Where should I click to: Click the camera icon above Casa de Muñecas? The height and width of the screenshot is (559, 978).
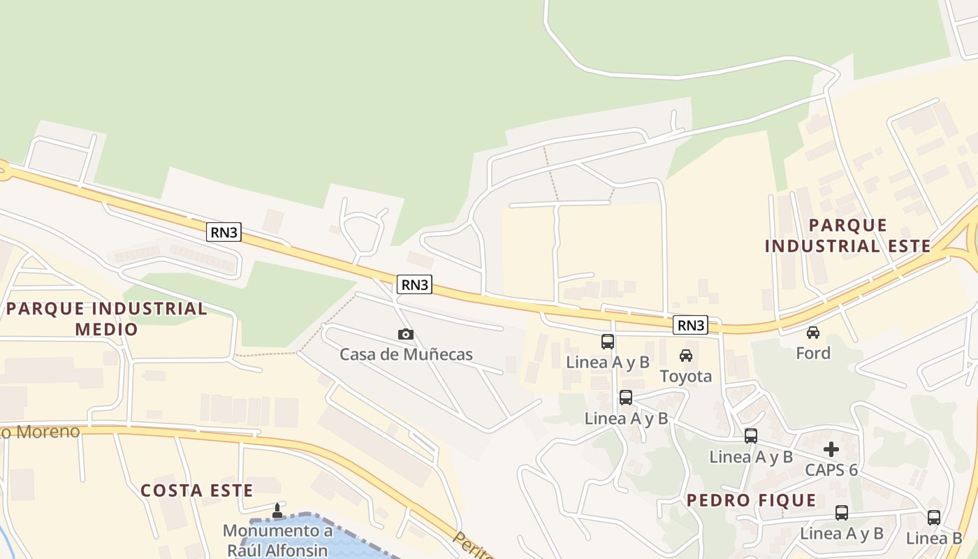pos(406,335)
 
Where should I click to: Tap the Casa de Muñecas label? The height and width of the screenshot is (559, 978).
pos(406,354)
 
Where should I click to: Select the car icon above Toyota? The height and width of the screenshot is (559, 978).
pos(686,356)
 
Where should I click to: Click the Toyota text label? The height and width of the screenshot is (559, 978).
pos(686,377)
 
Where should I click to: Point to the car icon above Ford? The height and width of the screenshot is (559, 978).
pos(813,333)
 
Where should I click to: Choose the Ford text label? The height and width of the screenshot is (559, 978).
pos(813,354)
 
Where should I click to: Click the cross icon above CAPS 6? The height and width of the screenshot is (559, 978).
pos(831,449)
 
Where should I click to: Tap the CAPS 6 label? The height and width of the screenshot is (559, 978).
pos(831,470)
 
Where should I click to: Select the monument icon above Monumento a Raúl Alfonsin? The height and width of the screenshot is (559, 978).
pos(277,511)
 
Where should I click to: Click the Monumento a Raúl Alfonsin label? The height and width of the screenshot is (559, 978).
pos(277,539)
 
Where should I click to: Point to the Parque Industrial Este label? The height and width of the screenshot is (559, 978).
pos(847,235)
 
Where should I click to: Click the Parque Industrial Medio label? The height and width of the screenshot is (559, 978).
pos(106,319)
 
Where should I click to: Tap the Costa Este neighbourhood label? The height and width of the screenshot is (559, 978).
pos(197,491)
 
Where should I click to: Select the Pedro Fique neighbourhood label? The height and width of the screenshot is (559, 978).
pos(751,500)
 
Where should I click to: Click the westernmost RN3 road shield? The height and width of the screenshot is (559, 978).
pos(224,232)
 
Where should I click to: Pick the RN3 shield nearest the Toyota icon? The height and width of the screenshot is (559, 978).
pos(691,325)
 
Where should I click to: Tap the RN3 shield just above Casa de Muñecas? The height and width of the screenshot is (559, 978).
pos(414,284)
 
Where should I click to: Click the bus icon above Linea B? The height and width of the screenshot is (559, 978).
pos(934,518)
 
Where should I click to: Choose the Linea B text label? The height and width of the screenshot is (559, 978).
pos(934,539)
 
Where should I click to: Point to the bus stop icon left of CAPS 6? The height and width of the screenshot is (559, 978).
pos(751,436)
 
